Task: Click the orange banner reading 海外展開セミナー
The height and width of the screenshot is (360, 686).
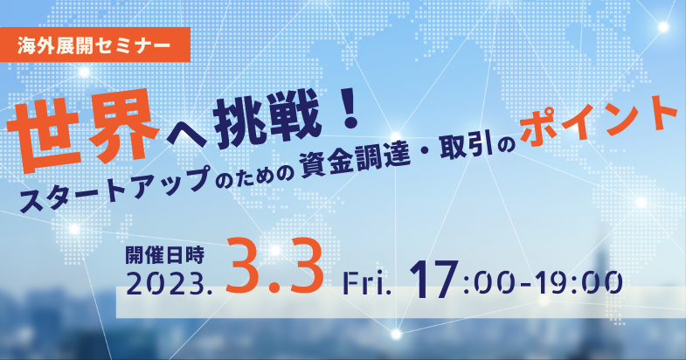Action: [x=95, y=45]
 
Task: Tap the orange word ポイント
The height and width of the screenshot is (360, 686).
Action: [x=599, y=121]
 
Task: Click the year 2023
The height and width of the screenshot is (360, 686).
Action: [x=169, y=283]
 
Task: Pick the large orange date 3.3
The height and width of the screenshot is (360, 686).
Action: [x=274, y=267]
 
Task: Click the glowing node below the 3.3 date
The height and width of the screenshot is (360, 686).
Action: [x=396, y=335]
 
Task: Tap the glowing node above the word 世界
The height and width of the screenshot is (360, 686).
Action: [x=84, y=72]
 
